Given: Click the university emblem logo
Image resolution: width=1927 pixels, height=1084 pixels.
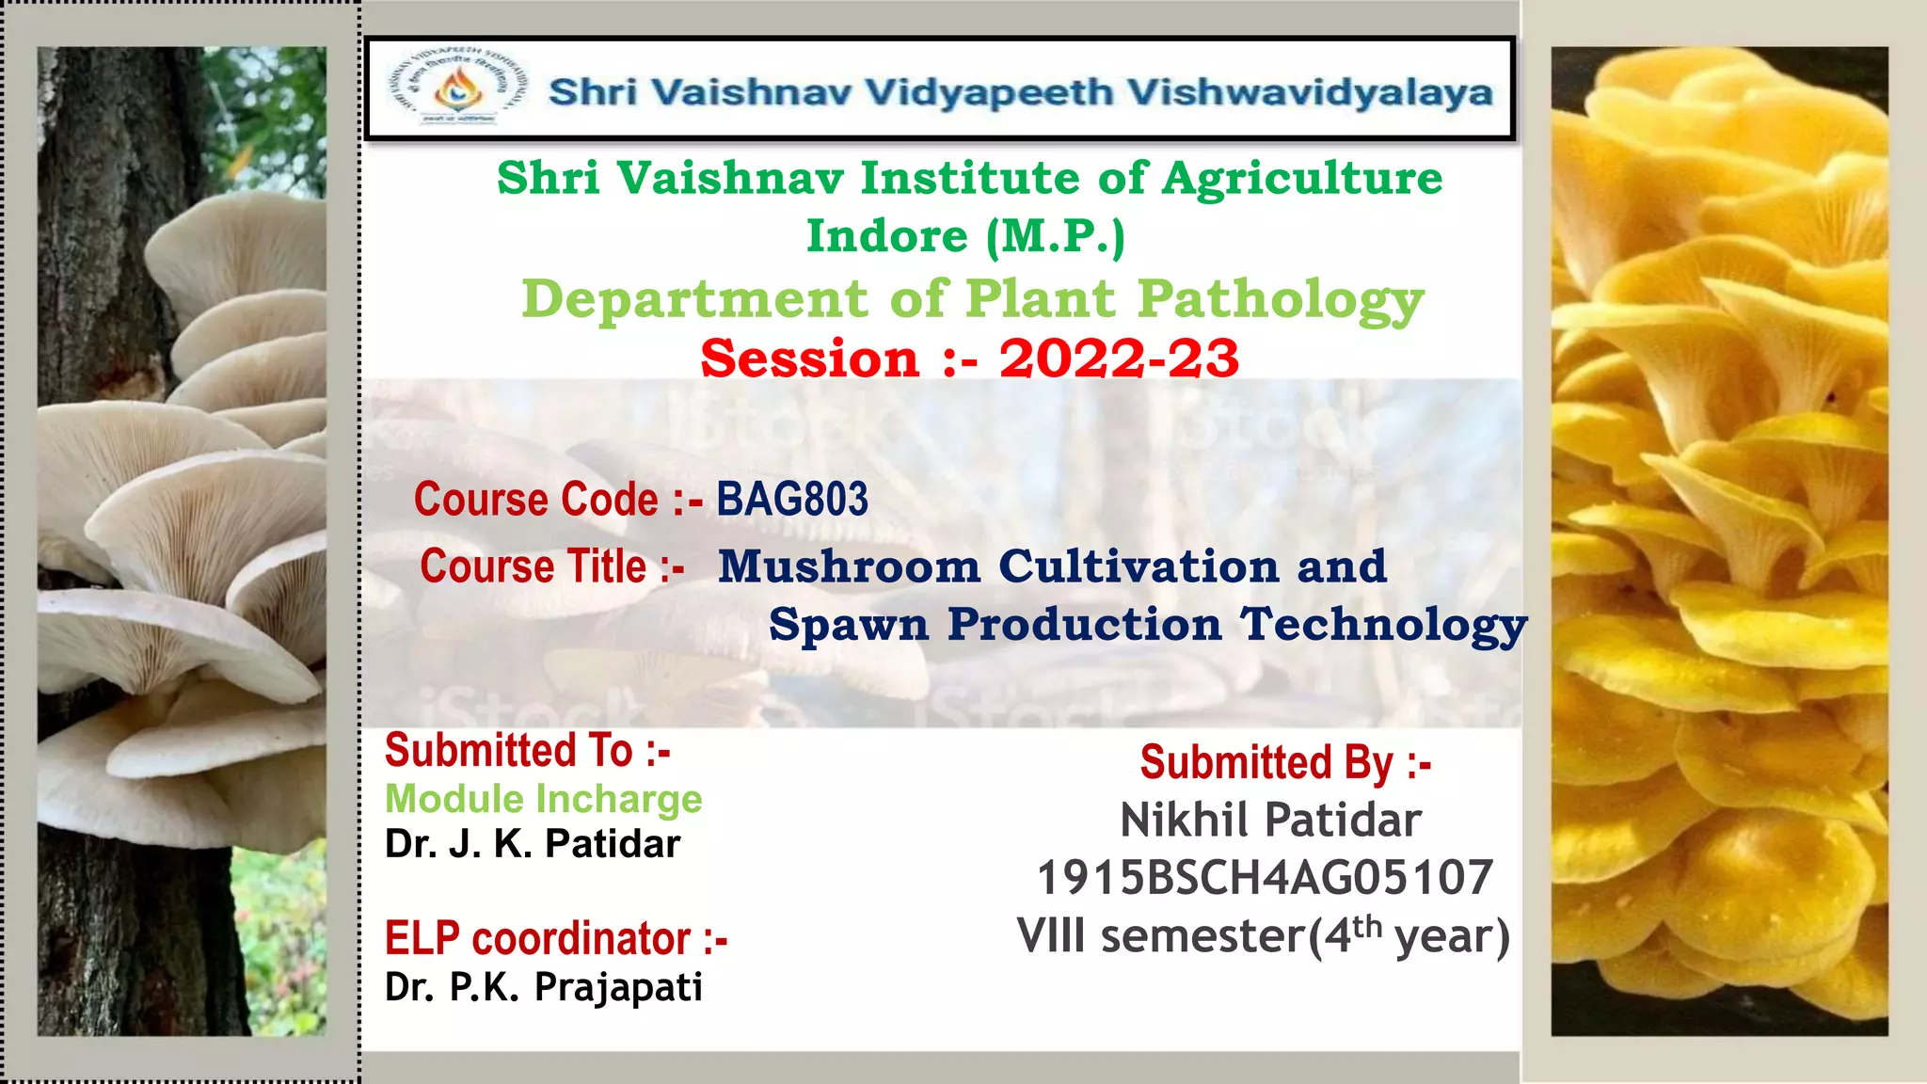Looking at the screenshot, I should coord(457,88).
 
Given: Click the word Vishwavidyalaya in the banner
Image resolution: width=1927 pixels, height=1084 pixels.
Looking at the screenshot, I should coord(1310,92).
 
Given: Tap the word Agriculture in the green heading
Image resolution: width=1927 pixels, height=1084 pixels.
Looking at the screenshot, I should coord(1302,178).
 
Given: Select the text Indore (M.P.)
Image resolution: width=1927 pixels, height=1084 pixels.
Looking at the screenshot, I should coord(965,235).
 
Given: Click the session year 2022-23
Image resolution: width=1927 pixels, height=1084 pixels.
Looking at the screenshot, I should coord(1119,359).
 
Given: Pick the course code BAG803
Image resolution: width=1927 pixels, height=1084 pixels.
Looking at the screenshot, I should coord(792,499).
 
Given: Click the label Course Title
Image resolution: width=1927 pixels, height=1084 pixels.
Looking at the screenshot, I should coord(551,566).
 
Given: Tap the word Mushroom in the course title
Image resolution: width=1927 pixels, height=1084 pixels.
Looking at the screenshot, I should coord(849,566).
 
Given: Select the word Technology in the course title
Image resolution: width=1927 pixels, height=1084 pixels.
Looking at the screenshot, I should coord(1383,625).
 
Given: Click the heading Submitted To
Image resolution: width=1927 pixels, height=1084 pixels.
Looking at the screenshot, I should coord(527,751).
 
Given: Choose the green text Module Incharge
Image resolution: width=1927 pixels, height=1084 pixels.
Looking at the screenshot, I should coord(544,799).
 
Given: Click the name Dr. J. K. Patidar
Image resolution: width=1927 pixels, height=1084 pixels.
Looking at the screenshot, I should coord(533,844).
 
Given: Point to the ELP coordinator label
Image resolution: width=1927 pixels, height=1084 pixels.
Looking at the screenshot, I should coord(555,939).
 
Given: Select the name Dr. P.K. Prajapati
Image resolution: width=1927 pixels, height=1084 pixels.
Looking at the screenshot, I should coord(544,987).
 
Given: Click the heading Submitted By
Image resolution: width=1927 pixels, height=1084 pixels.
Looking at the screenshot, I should coord(1285,762).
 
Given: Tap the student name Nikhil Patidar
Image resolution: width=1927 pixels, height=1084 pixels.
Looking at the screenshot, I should coord(1270,820).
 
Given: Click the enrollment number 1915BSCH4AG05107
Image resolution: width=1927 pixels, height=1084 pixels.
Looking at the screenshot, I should coord(1265,878).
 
